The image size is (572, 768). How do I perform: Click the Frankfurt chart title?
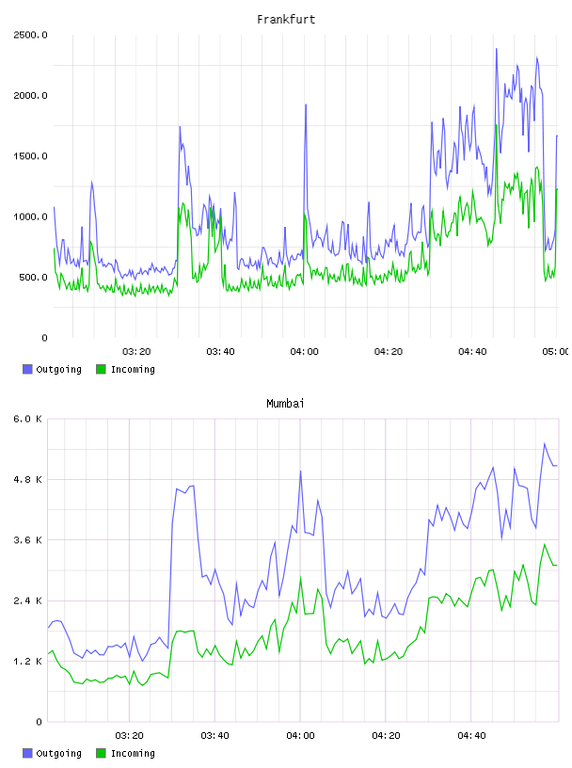pyautogui.click(x=286, y=20)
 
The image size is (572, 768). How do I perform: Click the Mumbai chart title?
pyautogui.click(x=285, y=404)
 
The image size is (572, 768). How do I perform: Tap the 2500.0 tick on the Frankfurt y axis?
pyautogui.click(x=30, y=35)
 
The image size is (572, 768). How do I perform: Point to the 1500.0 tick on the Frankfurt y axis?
pyautogui.click(x=30, y=156)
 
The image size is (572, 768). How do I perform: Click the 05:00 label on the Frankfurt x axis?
pyautogui.click(x=555, y=352)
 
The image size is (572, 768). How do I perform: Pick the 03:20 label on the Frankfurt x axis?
pyautogui.click(x=136, y=352)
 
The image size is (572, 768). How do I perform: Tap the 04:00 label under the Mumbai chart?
pyautogui.click(x=301, y=736)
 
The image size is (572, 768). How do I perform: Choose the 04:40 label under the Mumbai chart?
pyautogui.click(x=471, y=736)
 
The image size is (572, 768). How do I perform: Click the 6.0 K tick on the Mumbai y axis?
pyautogui.click(x=28, y=419)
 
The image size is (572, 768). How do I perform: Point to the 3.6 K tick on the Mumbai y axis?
pyautogui.click(x=28, y=540)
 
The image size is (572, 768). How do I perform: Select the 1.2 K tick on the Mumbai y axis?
pyautogui.click(x=28, y=662)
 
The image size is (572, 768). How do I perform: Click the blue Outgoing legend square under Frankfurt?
pyautogui.click(x=27, y=369)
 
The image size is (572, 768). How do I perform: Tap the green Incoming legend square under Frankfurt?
pyautogui.click(x=101, y=369)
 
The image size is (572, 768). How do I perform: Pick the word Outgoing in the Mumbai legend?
pyautogui.click(x=58, y=753)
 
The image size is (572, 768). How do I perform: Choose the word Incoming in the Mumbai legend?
pyautogui.click(x=133, y=753)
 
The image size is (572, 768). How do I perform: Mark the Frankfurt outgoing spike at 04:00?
pyautogui.click(x=306, y=104)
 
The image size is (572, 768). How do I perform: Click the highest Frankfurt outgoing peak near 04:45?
pyautogui.click(x=496, y=49)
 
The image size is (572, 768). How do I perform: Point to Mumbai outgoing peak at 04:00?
pyautogui.click(x=301, y=472)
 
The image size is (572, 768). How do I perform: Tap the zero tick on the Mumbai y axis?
pyautogui.click(x=40, y=722)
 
